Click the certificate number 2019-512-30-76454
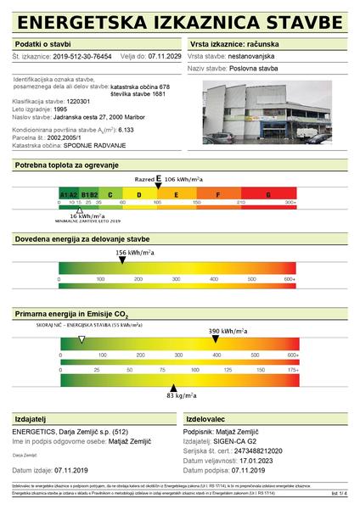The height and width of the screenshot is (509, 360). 82,56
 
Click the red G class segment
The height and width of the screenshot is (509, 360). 268,194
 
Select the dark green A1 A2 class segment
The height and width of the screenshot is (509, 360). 69,194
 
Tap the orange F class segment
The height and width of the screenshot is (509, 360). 219,194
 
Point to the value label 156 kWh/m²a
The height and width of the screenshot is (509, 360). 134,253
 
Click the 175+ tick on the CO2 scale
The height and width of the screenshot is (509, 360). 290,370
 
